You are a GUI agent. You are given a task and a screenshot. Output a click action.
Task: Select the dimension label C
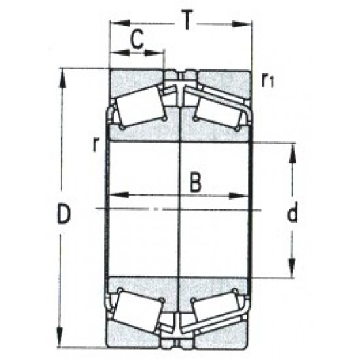136,40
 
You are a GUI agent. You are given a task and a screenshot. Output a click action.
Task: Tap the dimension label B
194,183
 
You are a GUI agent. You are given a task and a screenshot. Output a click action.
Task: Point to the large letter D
63,215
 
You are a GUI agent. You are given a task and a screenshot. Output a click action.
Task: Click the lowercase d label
293,213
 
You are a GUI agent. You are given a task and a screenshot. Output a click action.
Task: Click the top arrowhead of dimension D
63,74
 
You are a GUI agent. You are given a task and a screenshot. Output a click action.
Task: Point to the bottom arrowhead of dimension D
63,342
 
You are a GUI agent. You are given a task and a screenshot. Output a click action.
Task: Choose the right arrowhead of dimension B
243,195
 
